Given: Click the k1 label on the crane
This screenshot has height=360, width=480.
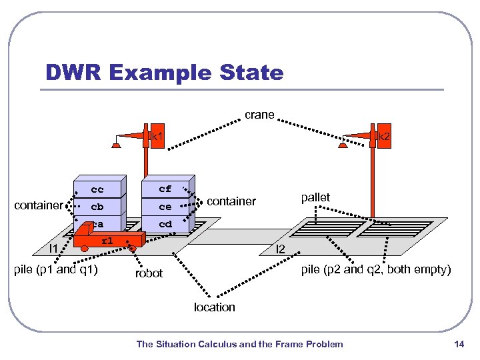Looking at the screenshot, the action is point(157,136).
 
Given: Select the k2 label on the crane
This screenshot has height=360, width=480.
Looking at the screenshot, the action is point(384,136).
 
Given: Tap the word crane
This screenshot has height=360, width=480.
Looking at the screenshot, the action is point(259,115).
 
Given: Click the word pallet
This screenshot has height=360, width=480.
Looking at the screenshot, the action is point(315,197).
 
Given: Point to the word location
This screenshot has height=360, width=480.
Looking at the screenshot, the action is point(214,307).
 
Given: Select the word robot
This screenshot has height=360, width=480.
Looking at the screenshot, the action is point(149,273).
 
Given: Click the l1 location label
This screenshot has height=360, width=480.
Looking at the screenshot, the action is point(53,248).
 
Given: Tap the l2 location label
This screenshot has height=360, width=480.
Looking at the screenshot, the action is point(281,249).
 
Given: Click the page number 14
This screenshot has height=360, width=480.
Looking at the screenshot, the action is point(459,344).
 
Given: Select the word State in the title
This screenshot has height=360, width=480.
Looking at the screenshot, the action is point(251,72).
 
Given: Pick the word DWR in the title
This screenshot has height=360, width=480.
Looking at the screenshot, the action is point(73,72).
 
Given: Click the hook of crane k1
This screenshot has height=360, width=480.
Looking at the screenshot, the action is point(116,145).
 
